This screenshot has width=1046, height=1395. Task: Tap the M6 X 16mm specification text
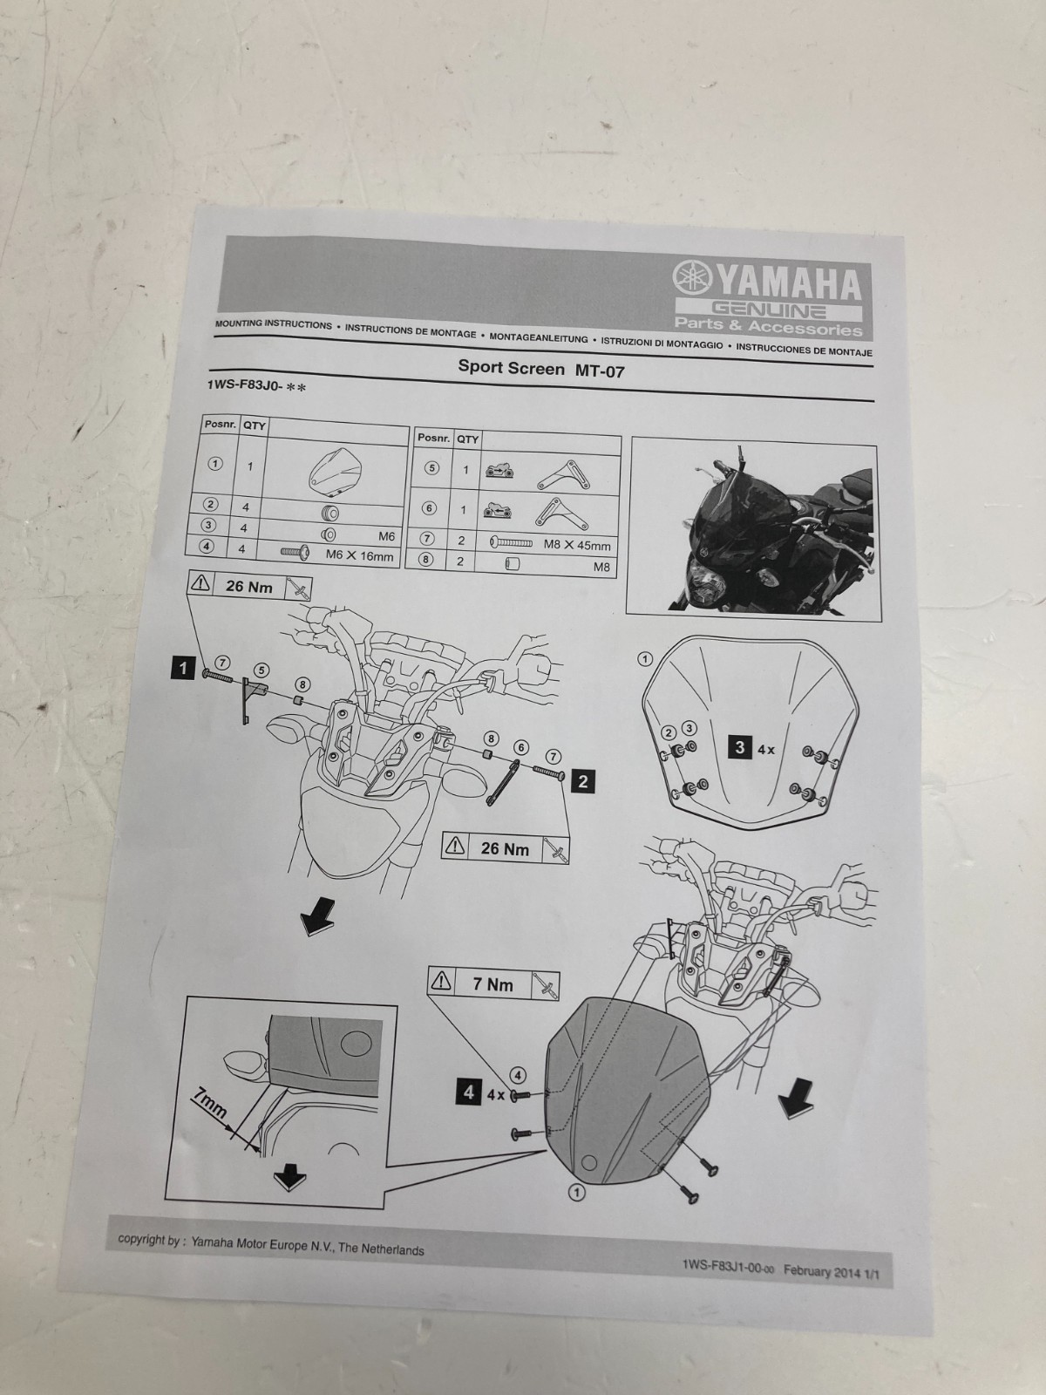click(x=359, y=555)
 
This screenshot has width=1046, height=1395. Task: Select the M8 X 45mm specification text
click(x=577, y=546)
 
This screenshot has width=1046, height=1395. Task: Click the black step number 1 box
click(x=183, y=669)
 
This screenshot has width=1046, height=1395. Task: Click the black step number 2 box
click(x=582, y=781)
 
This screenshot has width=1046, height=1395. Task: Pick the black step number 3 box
click(x=740, y=747)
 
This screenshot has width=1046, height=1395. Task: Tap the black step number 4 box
click(x=470, y=1092)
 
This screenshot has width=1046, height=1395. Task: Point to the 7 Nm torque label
click(x=492, y=985)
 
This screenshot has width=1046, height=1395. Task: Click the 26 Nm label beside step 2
click(x=505, y=848)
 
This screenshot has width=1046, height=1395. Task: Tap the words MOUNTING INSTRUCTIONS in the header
click(x=273, y=324)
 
